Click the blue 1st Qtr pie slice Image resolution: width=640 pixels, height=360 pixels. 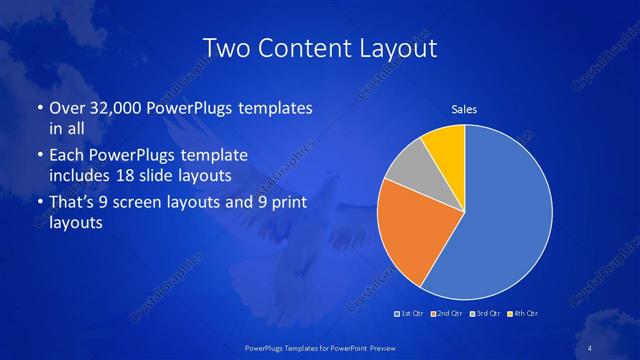click(510, 220)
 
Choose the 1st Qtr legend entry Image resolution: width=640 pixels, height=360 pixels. click(411, 314)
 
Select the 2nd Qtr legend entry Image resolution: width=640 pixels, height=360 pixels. click(446, 314)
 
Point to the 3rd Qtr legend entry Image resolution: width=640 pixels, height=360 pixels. click(484, 314)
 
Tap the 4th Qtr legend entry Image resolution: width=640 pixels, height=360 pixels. click(523, 314)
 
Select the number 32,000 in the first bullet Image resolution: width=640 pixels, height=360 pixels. click(120, 108)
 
